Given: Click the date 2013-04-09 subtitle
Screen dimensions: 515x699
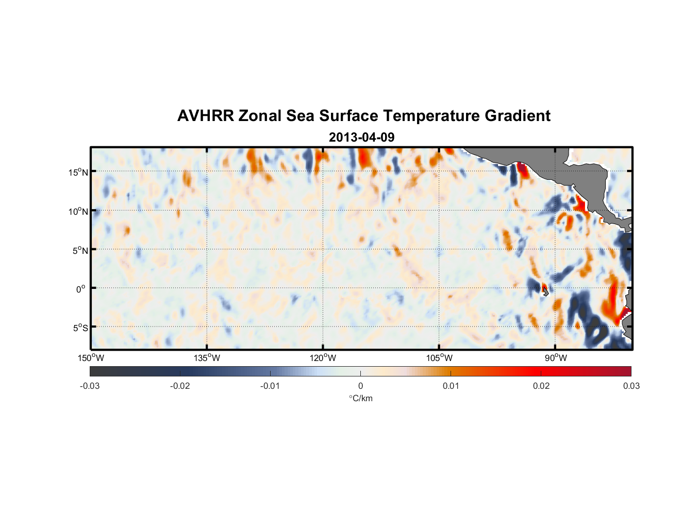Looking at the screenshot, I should coord(361,138).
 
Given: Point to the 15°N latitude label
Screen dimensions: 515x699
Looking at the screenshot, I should coord(78,172).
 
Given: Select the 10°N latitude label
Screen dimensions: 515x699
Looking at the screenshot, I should coord(78,211).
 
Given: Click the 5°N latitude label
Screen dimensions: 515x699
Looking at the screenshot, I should coord(80,250).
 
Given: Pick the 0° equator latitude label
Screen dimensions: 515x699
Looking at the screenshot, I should coord(81,289).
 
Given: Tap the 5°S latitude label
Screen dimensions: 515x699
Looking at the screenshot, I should coord(80,328).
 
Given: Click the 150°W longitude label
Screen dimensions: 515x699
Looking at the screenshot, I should coord(91,358).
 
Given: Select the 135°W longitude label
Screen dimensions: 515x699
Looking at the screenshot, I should coord(207,358).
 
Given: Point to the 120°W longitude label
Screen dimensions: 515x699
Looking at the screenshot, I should coord(323,358).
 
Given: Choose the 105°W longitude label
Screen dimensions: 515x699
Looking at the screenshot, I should coord(439,358).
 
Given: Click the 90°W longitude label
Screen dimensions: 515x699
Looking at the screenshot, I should coord(555,358).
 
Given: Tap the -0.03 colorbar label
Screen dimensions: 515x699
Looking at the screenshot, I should coord(90,386).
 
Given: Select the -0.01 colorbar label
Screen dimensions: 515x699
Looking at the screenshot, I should coord(270,386).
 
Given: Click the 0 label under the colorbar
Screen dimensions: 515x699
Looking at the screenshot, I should coord(360,386).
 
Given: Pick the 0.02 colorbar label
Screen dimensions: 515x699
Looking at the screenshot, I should coord(541,386).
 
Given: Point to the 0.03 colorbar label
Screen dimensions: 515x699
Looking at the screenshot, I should coord(631,386).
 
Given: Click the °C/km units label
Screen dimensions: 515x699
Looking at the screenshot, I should coord(360,398).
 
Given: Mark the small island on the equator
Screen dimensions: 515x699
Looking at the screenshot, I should coord(545,291).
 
